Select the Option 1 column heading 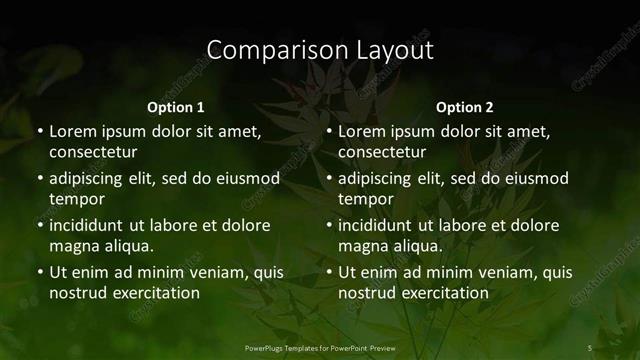(x=176, y=107)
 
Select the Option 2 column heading (x=465, y=107)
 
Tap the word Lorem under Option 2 (x=362, y=131)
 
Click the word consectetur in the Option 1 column (x=93, y=152)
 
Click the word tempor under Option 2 (x=366, y=199)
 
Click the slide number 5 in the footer (x=590, y=347)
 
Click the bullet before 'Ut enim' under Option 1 (x=39, y=272)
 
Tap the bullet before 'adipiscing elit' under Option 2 (x=328, y=178)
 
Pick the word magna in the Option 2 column (x=364, y=246)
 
